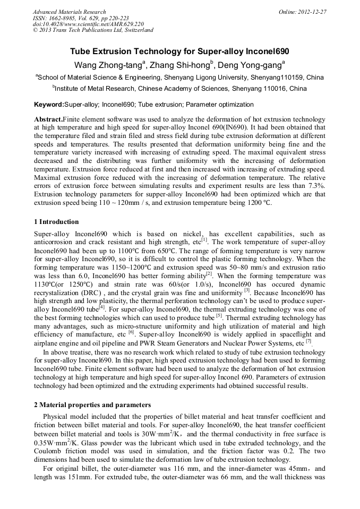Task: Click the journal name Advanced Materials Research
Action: pos(69,12)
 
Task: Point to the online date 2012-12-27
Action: pos(312,12)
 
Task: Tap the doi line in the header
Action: pos(88,24)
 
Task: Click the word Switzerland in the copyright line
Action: pos(138,30)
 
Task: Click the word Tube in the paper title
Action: pos(82,52)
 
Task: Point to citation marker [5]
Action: pos(219,314)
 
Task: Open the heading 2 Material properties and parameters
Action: pos(92,405)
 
